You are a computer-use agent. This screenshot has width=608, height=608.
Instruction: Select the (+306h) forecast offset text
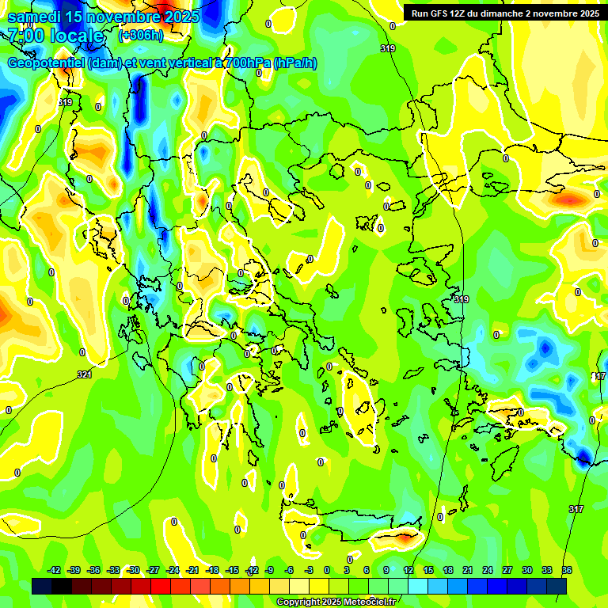(x=141, y=36)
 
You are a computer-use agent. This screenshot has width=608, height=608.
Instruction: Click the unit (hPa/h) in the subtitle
(x=294, y=63)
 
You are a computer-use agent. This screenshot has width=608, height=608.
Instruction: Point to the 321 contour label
(x=84, y=374)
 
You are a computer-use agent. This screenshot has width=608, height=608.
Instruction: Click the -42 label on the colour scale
(x=55, y=570)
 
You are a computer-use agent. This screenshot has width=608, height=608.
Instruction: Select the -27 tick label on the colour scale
(x=153, y=570)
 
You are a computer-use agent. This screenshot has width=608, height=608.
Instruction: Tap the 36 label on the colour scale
(x=567, y=570)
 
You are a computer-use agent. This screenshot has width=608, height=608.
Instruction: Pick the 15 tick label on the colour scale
(x=428, y=570)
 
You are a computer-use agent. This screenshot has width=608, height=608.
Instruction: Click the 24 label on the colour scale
(x=488, y=570)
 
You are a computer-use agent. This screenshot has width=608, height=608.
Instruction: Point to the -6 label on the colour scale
(x=290, y=570)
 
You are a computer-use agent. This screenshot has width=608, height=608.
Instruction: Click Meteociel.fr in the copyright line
(x=367, y=602)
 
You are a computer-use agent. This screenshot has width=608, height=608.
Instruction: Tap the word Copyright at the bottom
(x=298, y=602)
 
